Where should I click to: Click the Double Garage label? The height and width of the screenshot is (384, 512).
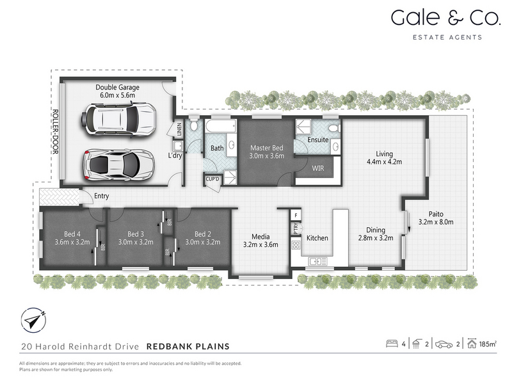point(117,87)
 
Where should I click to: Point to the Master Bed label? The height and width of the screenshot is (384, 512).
point(266,147)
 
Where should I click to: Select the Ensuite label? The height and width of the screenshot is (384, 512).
point(318,140)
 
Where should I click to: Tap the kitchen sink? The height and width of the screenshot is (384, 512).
point(316,260)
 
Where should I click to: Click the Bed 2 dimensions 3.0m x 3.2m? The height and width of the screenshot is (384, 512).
point(198,242)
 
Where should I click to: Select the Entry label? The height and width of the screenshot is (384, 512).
point(102,196)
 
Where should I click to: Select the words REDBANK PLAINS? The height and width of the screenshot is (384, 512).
point(188,346)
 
